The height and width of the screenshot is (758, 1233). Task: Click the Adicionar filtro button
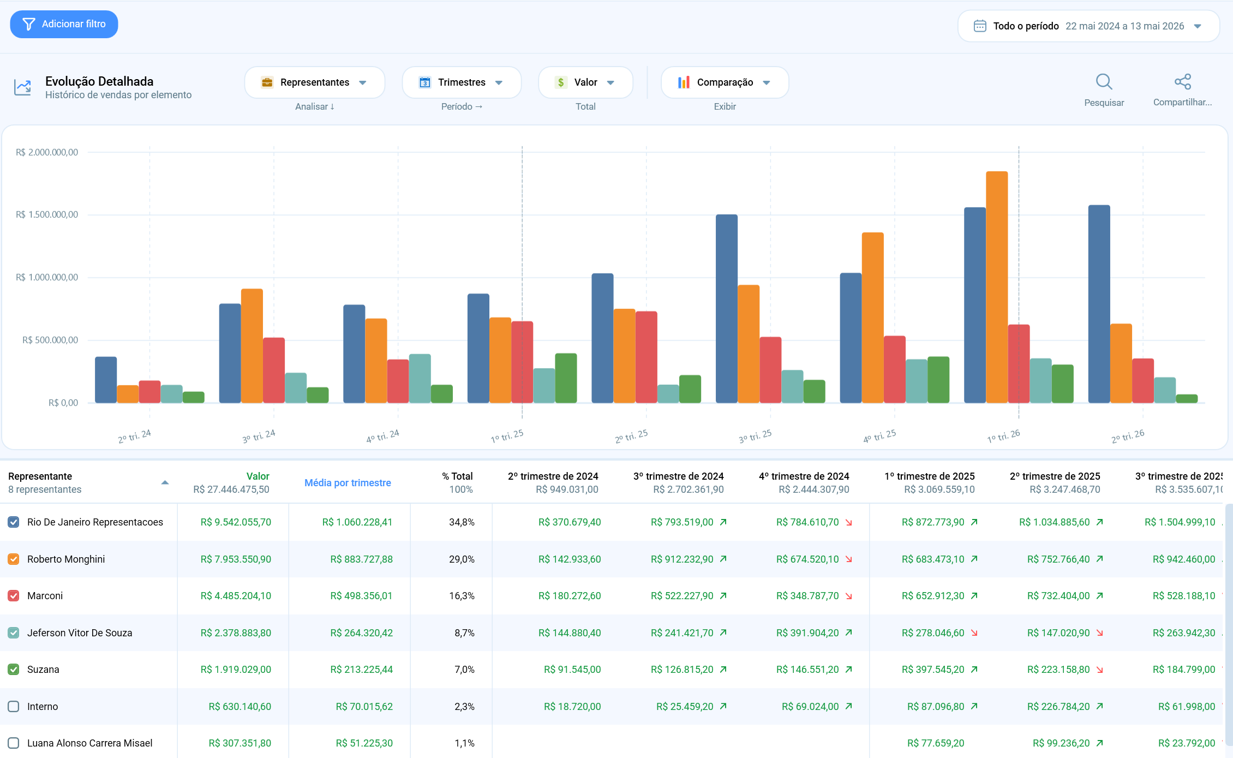[x=64, y=24]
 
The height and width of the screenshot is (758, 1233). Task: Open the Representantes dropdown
[x=315, y=82]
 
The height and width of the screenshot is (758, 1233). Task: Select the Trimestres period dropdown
[x=462, y=82]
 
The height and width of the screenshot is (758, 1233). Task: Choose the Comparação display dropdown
[x=725, y=82]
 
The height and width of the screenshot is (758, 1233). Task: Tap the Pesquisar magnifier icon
[x=1104, y=82]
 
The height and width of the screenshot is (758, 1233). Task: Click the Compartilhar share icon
[x=1183, y=82]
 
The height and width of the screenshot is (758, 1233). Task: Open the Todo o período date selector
[x=1088, y=26]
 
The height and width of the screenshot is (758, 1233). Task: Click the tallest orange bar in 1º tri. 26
[x=997, y=287]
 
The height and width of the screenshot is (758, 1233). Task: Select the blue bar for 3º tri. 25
[x=727, y=309]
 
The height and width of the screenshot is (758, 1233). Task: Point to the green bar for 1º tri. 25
[x=566, y=378]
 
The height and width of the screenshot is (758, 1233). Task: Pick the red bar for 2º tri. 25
[x=647, y=357]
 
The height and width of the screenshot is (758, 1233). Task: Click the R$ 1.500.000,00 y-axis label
[x=47, y=214]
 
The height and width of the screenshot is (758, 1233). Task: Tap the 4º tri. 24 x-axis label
[x=383, y=436]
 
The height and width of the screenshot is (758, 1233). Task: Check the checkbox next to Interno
[x=14, y=706]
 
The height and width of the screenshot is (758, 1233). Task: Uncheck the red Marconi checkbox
[x=14, y=595]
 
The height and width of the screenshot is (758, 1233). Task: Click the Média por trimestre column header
[x=348, y=482]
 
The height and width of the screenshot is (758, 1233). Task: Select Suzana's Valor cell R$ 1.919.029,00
[x=236, y=669]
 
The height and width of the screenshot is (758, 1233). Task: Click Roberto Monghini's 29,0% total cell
[x=462, y=559]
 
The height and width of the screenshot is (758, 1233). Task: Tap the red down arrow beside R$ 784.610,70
[x=849, y=522]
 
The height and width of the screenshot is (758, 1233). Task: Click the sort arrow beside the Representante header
[x=165, y=482]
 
